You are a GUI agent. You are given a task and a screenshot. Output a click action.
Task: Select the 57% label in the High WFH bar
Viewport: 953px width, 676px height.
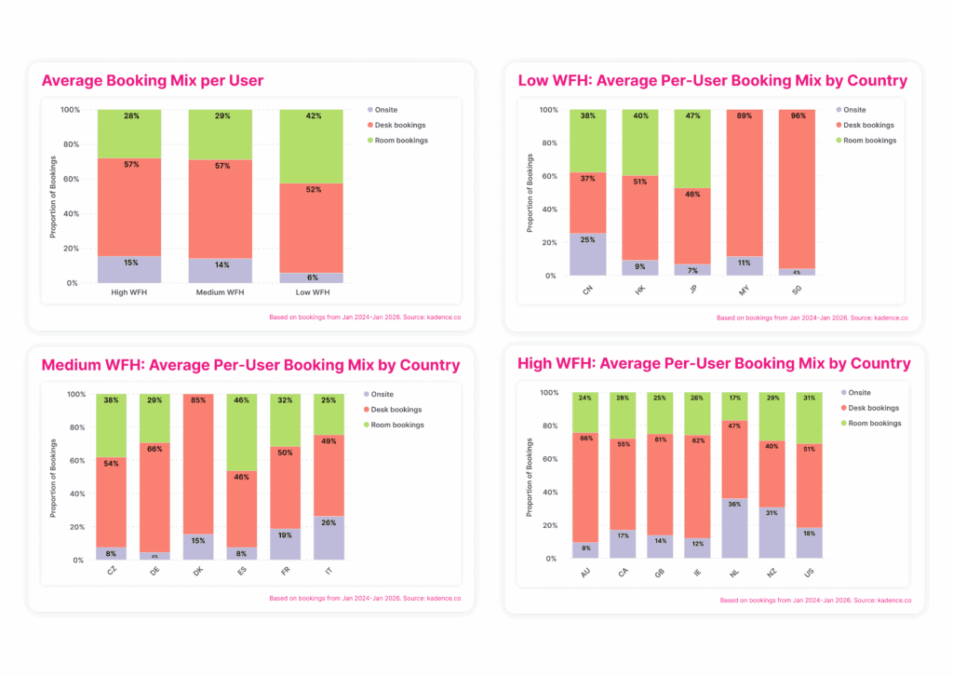(x=130, y=165)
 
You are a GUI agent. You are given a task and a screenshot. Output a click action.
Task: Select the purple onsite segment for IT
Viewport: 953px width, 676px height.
(x=329, y=538)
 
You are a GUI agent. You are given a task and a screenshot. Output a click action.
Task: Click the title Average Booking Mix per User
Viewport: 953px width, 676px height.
(x=153, y=81)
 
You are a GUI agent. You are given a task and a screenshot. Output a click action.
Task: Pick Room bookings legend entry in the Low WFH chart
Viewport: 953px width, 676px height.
(x=867, y=141)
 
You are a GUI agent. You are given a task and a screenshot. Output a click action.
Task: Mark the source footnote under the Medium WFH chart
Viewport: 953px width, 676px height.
(x=365, y=599)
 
